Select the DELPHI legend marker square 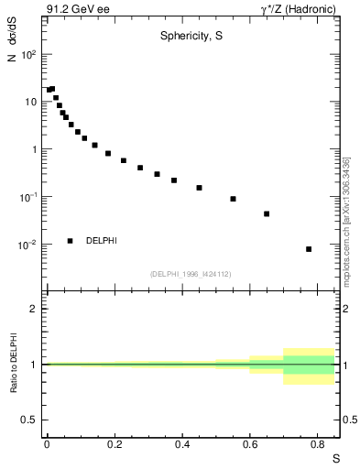[71, 241]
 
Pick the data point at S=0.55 [233, 199]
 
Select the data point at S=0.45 [199, 188]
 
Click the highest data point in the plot [52, 89]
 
